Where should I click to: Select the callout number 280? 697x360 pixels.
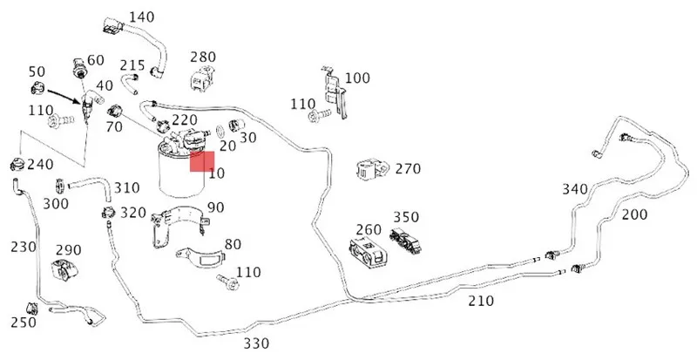[203, 58]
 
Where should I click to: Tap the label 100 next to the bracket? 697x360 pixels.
[357, 78]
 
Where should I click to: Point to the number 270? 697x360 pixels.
[408, 168]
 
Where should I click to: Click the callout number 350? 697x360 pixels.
[405, 217]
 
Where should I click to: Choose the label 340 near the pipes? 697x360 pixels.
[575, 189]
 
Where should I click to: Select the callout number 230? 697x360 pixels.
[24, 247]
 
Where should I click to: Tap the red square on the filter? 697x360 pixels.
[202, 161]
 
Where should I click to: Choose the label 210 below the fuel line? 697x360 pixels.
[481, 302]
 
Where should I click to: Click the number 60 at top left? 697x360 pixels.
[95, 60]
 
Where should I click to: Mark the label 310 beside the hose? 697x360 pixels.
[127, 188]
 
